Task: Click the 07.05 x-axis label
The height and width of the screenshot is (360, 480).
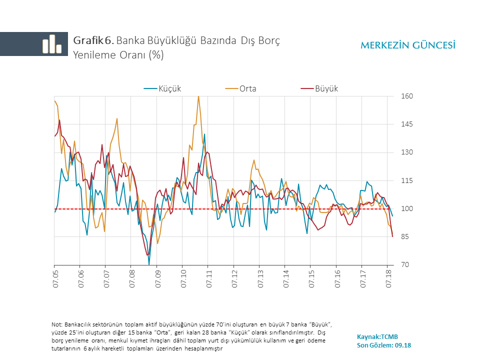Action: pyautogui.click(x=55, y=279)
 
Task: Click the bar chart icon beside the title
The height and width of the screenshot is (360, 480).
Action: pyautogui.click(x=52, y=44)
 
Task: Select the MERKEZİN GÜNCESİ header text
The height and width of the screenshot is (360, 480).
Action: pyautogui.click(x=407, y=45)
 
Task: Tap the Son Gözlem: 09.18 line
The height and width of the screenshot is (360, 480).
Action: pyautogui.click(x=384, y=345)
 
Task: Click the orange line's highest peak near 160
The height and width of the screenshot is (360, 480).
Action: pyautogui.click(x=198, y=96)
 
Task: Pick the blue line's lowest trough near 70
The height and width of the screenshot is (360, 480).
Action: pyautogui.click(x=149, y=263)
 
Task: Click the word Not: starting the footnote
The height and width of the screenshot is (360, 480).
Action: pyautogui.click(x=57, y=324)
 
